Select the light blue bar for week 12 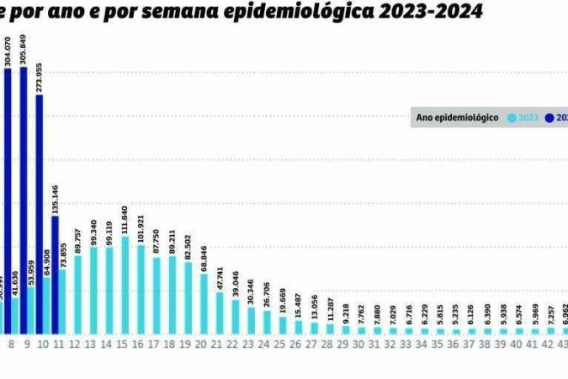tap(78, 295)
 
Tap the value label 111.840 tap(125, 220)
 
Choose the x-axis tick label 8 tap(11, 344)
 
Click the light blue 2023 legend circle tap(512, 118)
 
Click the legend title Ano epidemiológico tap(458, 118)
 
